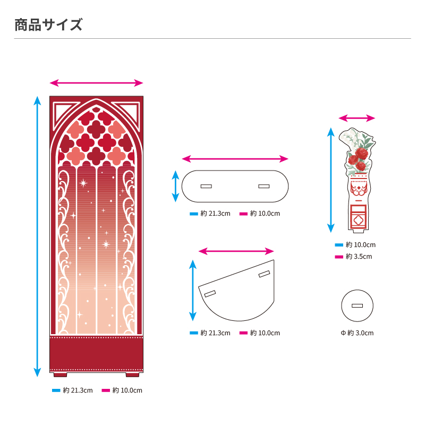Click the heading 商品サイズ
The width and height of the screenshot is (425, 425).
[x=48, y=24]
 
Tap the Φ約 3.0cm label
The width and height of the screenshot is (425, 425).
[x=357, y=333]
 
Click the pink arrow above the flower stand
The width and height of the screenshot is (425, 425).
[x=357, y=118]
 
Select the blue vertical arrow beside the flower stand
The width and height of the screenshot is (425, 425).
[x=331, y=181]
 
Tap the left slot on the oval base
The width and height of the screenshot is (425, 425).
[x=206, y=186]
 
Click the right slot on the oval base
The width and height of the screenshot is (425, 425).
[x=263, y=186]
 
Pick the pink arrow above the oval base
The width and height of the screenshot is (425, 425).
[x=235, y=159]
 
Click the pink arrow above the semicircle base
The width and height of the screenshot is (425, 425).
[x=235, y=251]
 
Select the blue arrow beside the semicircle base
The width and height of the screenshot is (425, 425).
[x=192, y=290]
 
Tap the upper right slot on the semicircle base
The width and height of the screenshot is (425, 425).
[x=264, y=274]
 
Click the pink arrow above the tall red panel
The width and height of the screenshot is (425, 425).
[x=96, y=83]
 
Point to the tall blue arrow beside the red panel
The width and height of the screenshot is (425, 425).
[x=37, y=236]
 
